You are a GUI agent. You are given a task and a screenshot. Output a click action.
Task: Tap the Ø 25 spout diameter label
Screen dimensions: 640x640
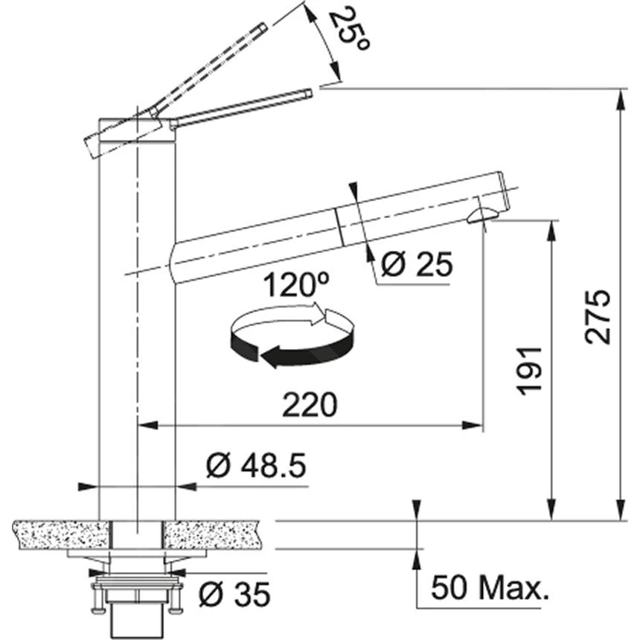coord(416,264)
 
